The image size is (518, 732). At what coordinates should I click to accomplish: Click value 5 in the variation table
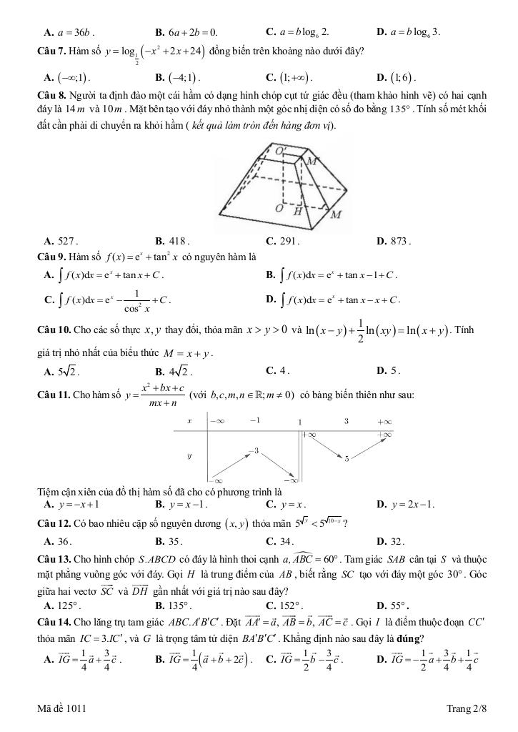347,458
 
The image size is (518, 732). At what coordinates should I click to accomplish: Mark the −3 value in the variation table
254,450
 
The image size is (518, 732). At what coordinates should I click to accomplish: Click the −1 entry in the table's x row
255,421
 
